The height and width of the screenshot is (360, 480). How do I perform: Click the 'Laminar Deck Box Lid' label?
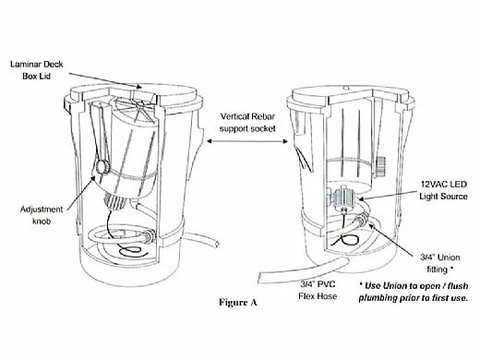[x=36, y=70]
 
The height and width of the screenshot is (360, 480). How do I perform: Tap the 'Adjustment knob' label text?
[x=42, y=215]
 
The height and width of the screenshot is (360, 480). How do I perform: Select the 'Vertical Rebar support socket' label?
[x=247, y=123]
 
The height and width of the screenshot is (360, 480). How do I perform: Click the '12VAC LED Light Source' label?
[x=443, y=190]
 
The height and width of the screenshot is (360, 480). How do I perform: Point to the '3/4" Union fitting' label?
[x=440, y=263]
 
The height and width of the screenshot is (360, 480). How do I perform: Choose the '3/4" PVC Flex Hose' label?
[x=318, y=290]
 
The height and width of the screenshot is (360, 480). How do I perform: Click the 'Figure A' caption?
[x=238, y=302]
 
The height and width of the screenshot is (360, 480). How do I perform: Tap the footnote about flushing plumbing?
[x=414, y=292]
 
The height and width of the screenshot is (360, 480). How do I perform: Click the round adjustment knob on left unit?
[x=102, y=166]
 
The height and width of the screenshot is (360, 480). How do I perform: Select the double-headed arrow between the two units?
[x=247, y=141]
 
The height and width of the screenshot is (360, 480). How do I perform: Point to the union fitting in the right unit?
[x=362, y=219]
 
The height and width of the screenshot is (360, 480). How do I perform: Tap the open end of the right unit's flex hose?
[x=260, y=278]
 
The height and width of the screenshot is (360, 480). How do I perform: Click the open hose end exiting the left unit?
[x=217, y=245]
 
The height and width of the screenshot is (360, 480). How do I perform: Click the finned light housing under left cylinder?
[x=114, y=201]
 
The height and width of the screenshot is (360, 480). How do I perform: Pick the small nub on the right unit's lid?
[x=346, y=89]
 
